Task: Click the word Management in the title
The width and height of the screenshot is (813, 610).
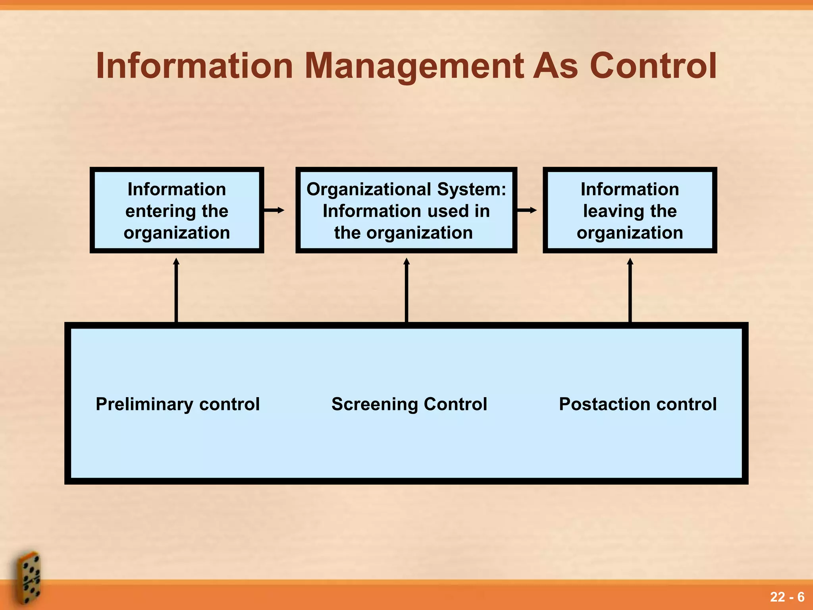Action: (x=414, y=66)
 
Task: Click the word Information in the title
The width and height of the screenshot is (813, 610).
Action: (x=195, y=66)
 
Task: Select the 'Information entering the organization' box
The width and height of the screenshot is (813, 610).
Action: (x=177, y=210)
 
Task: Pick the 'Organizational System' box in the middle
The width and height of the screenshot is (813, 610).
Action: (x=406, y=210)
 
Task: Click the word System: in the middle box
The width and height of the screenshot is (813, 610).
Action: (x=472, y=189)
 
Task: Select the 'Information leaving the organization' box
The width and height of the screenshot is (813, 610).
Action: (x=630, y=210)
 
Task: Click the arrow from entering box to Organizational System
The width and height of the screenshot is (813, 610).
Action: (x=274, y=210)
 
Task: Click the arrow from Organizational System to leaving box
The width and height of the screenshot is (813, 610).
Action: (x=527, y=210)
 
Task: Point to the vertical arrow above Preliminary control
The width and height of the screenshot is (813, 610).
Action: (x=176, y=290)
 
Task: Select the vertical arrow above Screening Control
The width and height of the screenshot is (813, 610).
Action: (x=406, y=290)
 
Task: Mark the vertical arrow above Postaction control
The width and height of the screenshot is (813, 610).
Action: (x=630, y=290)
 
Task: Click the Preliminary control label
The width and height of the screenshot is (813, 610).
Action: (x=177, y=404)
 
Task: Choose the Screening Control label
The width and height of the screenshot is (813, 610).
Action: (x=409, y=404)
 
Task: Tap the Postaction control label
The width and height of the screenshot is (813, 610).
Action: (x=638, y=404)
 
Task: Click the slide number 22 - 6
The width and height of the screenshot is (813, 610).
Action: (x=787, y=597)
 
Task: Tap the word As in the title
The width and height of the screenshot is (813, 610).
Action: (x=555, y=66)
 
